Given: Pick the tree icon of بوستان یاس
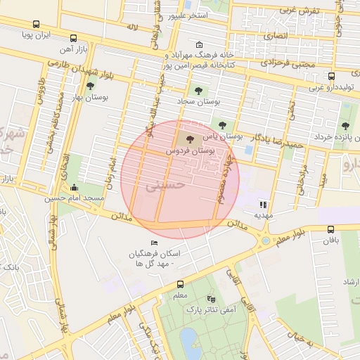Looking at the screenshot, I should [222, 124].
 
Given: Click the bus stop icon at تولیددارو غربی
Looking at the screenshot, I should [331, 76].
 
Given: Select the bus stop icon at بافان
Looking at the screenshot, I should [331, 229].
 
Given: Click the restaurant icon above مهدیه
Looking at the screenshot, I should [263, 205].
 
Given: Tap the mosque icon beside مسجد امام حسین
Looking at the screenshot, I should [75, 187].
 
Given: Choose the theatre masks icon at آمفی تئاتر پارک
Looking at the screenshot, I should [212, 298].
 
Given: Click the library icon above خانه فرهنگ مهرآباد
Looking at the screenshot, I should [199, 45].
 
